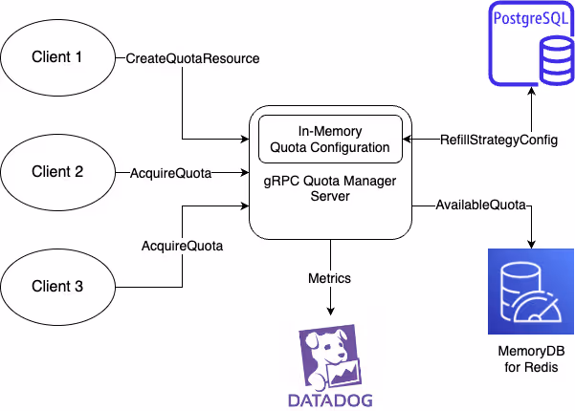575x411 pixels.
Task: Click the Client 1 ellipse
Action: (58, 58)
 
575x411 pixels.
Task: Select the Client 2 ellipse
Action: (58, 173)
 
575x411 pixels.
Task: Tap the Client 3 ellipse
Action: (58, 286)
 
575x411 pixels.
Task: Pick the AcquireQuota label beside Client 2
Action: (169, 173)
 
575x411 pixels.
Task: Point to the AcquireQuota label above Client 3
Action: (182, 246)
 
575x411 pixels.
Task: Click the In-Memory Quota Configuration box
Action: (329, 140)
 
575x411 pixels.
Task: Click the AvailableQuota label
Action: (479, 204)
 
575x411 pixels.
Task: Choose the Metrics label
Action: (329, 278)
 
